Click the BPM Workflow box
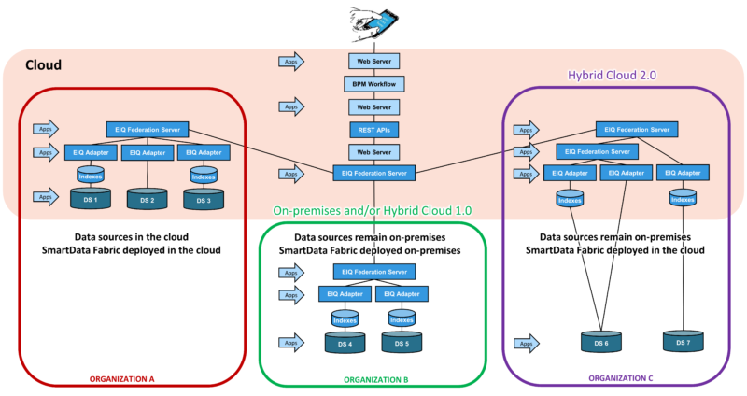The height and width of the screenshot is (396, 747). click(x=373, y=84)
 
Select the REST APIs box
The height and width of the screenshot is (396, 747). click(x=373, y=129)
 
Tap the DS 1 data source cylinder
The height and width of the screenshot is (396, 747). click(x=91, y=199)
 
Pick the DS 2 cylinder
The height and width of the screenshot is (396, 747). click(x=147, y=199)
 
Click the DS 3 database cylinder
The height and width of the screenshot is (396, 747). click(x=203, y=199)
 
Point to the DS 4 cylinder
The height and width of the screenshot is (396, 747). click(x=345, y=343)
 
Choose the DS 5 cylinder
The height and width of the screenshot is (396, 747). click(x=402, y=343)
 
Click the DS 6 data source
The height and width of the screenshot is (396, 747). click(x=600, y=343)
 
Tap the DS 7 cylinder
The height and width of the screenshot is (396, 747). click(x=684, y=343)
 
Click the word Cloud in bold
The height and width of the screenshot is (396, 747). click(x=43, y=65)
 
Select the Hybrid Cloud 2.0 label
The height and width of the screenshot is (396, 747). click(x=614, y=75)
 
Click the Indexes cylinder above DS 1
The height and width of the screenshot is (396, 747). click(x=91, y=174)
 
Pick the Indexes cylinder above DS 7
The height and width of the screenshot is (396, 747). click(x=684, y=197)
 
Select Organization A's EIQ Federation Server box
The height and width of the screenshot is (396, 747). click(x=148, y=129)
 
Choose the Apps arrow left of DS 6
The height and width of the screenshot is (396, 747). click(x=527, y=344)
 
